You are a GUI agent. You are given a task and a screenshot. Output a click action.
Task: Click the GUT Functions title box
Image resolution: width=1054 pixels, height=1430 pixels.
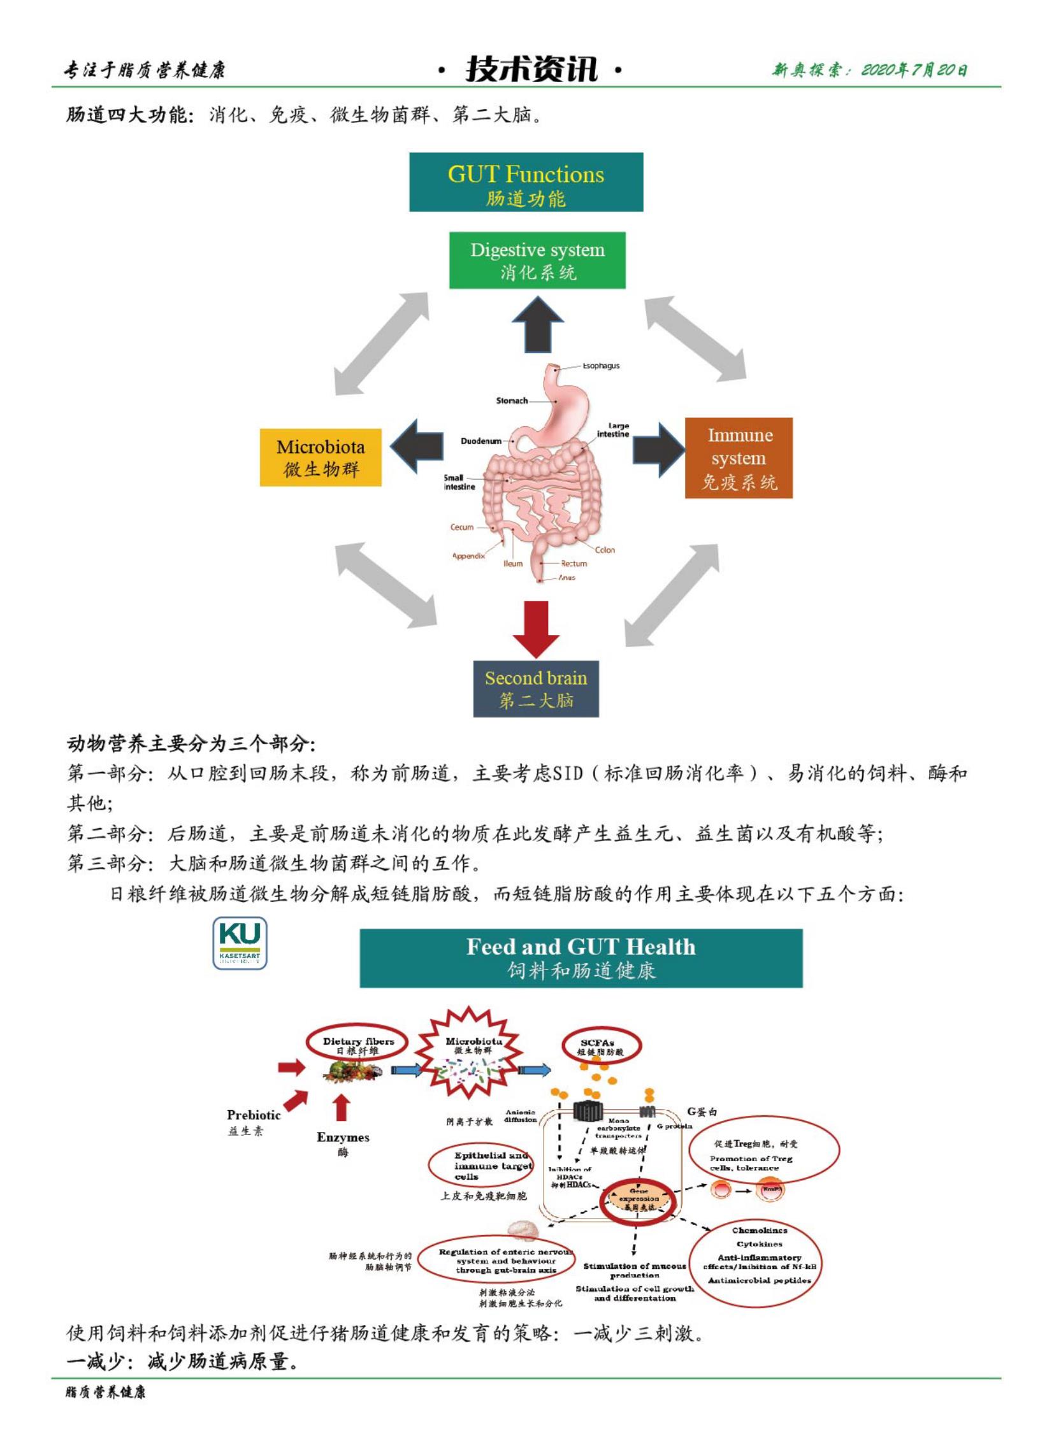[x=526, y=182]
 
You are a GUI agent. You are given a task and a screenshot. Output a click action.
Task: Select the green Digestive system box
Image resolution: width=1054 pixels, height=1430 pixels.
[x=537, y=261]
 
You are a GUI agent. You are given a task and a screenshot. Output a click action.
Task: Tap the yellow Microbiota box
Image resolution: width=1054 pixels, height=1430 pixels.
[x=321, y=457]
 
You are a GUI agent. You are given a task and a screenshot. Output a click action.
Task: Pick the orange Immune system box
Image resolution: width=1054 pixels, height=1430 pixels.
[x=739, y=458]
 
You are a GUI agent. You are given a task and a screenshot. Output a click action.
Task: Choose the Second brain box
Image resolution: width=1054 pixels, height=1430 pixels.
[x=536, y=689]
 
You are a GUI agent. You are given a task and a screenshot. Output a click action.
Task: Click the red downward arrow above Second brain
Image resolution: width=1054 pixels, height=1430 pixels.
[x=536, y=628]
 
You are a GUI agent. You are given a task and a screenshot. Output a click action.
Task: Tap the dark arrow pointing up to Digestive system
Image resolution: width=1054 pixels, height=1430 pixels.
[x=537, y=325]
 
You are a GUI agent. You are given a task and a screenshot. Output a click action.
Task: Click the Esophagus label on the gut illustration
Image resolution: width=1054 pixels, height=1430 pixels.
[x=600, y=366]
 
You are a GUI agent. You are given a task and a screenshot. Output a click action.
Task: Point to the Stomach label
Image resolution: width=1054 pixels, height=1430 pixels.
[x=512, y=401]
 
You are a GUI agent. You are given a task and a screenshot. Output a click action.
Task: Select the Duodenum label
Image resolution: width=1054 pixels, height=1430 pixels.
[x=481, y=441]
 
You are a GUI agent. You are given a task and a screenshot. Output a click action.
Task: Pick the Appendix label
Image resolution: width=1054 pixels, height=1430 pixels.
[x=468, y=556]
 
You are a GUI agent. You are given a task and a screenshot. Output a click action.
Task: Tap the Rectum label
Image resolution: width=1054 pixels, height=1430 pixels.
[x=574, y=564]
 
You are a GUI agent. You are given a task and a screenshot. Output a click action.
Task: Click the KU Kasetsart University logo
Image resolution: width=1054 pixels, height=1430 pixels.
[x=240, y=943]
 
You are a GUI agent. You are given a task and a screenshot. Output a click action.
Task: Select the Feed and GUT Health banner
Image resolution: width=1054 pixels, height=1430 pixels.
[x=581, y=958]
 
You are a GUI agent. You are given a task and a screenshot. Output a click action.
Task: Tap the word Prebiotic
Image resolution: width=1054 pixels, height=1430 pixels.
[x=253, y=1115]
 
